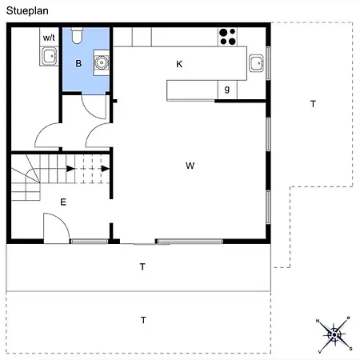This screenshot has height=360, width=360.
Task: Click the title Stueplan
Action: point(27,11)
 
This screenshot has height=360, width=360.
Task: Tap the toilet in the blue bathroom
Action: point(77,35)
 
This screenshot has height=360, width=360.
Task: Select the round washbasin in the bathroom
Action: point(102,62)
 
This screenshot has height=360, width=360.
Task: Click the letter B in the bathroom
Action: point(78,63)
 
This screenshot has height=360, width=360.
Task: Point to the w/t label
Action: point(49,38)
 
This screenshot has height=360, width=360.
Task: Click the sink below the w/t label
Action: point(50,56)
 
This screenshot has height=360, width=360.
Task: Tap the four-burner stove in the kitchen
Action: point(227,37)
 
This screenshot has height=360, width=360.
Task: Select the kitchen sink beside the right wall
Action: point(257,63)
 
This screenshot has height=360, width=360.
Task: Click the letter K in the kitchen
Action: point(179,64)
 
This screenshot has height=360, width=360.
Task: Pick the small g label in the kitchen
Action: point(227,89)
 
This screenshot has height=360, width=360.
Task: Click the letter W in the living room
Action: point(190,166)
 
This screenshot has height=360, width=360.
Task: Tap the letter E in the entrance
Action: point(63,202)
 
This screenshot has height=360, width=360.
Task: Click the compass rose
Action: point(334,334)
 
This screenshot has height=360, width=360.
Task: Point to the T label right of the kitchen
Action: point(313,104)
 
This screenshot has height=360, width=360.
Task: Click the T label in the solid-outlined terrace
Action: point(142,266)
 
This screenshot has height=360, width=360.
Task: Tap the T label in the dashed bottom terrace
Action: point(143,320)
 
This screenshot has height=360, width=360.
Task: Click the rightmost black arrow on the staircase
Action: point(106,169)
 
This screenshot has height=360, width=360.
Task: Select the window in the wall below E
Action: point(89,242)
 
